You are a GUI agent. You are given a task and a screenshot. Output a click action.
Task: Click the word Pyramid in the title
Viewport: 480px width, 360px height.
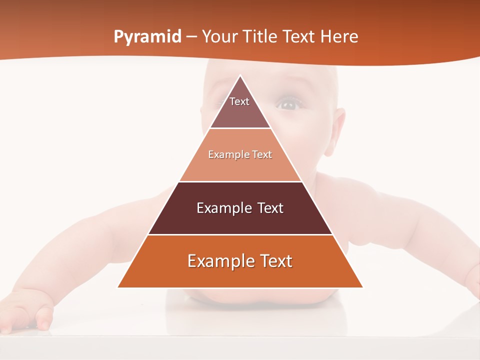pos(147,37)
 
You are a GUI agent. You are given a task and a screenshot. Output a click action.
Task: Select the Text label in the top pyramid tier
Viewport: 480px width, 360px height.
pos(239,101)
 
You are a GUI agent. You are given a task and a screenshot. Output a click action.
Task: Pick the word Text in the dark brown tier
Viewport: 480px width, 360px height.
pos(270,208)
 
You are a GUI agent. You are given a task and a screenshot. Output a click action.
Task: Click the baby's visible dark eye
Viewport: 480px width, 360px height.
pos(289,104)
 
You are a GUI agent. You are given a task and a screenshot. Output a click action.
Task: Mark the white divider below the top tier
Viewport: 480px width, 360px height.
pos(240,128)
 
